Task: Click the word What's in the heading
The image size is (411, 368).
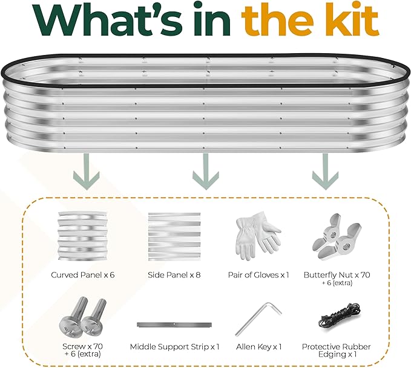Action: click(108, 19)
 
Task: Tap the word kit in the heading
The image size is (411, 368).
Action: click(348, 19)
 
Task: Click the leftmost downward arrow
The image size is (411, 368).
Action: click(87, 172)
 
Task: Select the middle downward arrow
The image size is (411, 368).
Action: click(206, 172)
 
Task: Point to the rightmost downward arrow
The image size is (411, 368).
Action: click(325, 172)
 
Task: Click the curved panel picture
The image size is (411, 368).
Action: click(83, 236)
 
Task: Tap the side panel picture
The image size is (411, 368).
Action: click(174, 237)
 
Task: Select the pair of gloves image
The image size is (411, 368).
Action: click(258, 236)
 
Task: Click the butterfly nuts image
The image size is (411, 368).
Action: click(337, 237)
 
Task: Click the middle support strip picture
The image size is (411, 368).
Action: click(174, 325)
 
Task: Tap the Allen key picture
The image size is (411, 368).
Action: click(258, 319)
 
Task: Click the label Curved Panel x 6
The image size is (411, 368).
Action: click(83, 275)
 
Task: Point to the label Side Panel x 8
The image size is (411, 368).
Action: click(174, 275)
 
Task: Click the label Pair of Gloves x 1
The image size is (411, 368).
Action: click(258, 275)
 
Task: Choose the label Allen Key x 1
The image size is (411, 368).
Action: click(258, 347)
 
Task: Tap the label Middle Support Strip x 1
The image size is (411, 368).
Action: click(174, 347)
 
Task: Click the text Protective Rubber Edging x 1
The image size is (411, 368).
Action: click(337, 350)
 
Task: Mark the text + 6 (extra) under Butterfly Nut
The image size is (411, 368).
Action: click(337, 283)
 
